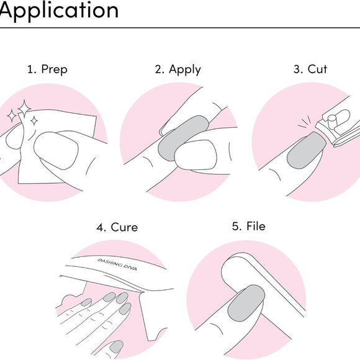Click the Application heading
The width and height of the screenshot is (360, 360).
click(59, 11)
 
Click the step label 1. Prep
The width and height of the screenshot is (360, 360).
click(47, 70)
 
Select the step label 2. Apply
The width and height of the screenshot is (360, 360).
click(178, 70)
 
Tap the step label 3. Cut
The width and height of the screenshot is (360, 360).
click(310, 69)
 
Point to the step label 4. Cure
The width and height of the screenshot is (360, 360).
click(117, 228)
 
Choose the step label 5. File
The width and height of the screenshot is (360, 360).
click(249, 226)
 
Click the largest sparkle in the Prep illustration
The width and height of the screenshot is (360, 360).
click(24, 108)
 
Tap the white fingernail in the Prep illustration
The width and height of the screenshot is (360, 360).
click(56, 151)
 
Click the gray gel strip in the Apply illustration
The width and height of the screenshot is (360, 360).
click(182, 138)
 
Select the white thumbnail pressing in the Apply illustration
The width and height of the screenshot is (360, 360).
click(196, 155)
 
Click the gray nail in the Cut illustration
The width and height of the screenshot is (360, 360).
click(307, 150)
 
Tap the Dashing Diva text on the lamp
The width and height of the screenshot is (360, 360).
click(117, 264)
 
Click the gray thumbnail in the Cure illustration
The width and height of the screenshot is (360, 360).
click(117, 347)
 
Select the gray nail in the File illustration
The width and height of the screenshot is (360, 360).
click(246, 303)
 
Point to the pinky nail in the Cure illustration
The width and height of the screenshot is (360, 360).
click(86, 302)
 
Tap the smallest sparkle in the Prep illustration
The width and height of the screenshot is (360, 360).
click(34, 121)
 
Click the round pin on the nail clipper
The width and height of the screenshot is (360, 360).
click(331, 122)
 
